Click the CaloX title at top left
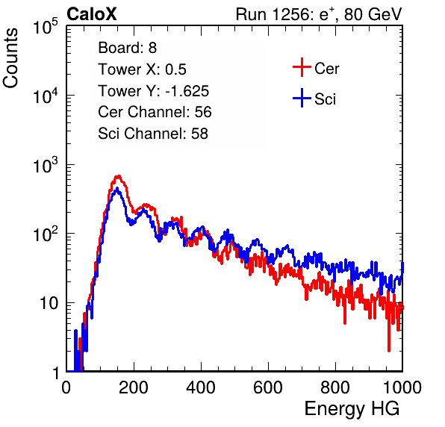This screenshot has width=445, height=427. pyautogui.click(x=92, y=14)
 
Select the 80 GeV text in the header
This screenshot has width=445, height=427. pyautogui.click(x=373, y=14)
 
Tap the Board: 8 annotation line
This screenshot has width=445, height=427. pyautogui.click(x=128, y=48)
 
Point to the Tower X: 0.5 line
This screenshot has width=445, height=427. pyautogui.click(x=142, y=69)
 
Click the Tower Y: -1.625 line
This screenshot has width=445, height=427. pyautogui.click(x=154, y=91)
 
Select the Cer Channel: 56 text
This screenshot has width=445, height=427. pyautogui.click(x=155, y=112)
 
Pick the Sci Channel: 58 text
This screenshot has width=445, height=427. pyautogui.click(x=153, y=134)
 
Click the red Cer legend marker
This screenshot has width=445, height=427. pyautogui.click(x=302, y=67)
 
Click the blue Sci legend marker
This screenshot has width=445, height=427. pyautogui.click(x=302, y=98)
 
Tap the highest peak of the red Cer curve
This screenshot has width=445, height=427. pyautogui.click(x=119, y=176)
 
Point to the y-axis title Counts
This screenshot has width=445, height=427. pyautogui.click(x=10, y=58)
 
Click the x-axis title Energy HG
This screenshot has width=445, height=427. pyautogui.click(x=352, y=409)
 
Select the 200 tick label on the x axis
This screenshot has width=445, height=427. pyautogui.click(x=134, y=387)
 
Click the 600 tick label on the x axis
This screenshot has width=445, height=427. pyautogui.click(x=268, y=387)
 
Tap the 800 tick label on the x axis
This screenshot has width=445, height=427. pyautogui.click(x=335, y=387)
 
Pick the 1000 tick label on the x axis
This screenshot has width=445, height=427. pyautogui.click(x=402, y=387)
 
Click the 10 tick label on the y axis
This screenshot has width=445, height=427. pyautogui.click(x=49, y=303)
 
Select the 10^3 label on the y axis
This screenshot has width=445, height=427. pyautogui.click(x=46, y=165)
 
